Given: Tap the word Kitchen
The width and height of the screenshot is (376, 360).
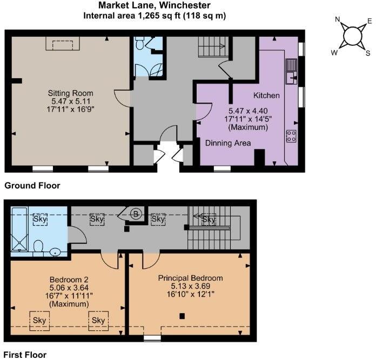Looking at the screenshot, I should [266, 96].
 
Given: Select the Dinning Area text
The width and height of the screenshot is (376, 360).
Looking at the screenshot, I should [227, 143].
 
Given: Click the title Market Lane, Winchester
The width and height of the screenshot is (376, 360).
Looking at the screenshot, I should [154, 5].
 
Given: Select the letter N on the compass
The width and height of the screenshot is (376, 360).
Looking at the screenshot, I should [338, 21].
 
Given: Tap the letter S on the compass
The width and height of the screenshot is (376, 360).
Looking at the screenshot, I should [368, 53].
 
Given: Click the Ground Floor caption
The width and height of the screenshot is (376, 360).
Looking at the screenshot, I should [32, 186].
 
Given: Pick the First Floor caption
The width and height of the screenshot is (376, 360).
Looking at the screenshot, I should [26, 355].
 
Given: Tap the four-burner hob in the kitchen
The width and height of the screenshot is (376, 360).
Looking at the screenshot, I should [291, 135].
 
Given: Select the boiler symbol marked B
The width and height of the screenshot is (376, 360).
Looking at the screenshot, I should [137, 214].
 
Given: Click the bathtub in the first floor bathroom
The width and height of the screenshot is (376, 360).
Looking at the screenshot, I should [21, 229].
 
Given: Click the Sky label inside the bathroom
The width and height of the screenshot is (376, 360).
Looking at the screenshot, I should [40, 219].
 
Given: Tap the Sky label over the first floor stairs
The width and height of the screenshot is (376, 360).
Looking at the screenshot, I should [208, 219].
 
